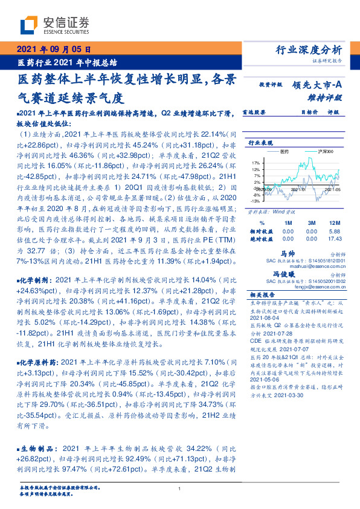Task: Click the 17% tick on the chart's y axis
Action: pos(257,163)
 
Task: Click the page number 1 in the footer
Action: pos(180,488)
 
